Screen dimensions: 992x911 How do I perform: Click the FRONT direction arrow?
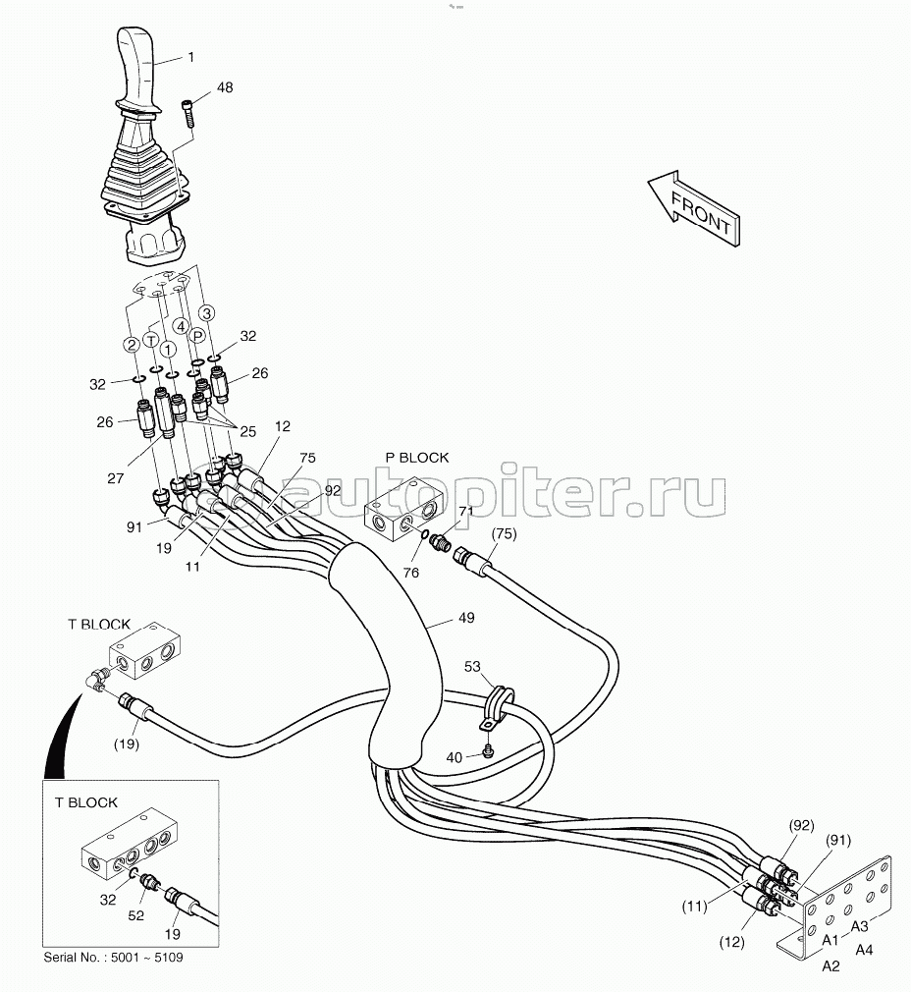(692, 209)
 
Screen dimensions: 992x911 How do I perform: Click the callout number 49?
(465, 619)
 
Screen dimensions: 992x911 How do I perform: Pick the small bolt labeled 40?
(488, 751)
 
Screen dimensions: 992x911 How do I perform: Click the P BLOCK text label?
(416, 457)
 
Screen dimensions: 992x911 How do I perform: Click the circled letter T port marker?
(150, 339)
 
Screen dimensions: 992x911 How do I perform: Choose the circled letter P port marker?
(196, 334)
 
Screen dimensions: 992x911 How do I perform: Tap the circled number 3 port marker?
(206, 312)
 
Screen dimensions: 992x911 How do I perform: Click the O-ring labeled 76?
(424, 536)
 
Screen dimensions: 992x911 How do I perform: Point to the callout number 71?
(465, 511)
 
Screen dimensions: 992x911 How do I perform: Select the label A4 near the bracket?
(865, 949)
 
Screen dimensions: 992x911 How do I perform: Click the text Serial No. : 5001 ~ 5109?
(113, 958)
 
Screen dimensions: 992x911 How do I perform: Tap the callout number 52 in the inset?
(136, 915)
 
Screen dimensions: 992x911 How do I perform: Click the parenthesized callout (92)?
(801, 825)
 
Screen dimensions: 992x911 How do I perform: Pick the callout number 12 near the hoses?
(283, 426)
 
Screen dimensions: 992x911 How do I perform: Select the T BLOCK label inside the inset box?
(86, 802)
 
